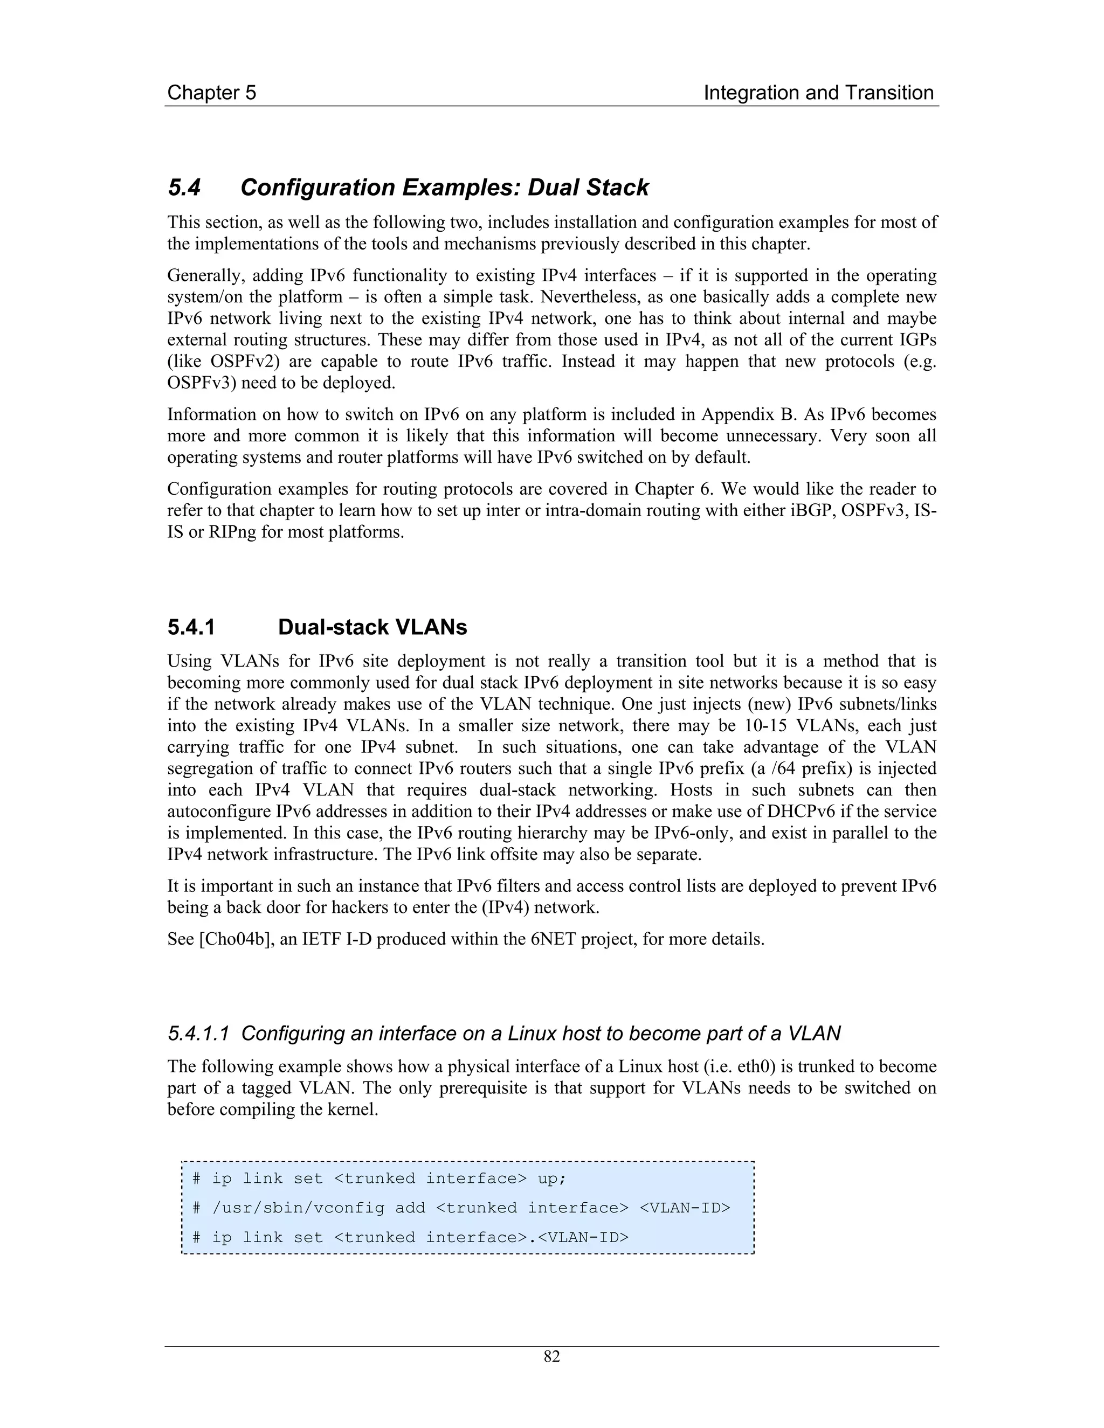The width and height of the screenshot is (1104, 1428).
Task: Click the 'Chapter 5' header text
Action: click(x=211, y=93)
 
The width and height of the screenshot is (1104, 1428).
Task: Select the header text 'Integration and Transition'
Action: click(x=818, y=93)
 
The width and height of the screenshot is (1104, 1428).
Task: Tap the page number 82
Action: click(x=551, y=1357)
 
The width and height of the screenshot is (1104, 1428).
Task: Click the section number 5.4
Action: click(x=184, y=188)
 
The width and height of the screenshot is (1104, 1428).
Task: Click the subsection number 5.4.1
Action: click(x=191, y=628)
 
